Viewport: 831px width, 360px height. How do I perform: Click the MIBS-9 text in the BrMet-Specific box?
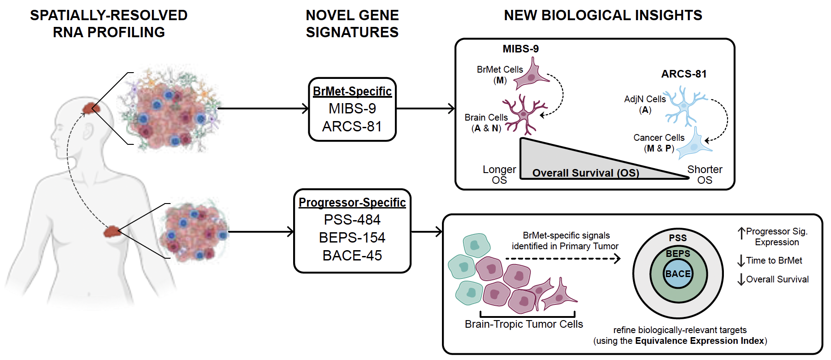352,108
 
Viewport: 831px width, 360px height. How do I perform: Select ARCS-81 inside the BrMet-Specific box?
352,126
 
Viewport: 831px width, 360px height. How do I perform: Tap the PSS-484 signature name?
352,220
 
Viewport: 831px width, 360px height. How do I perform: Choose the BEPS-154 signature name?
352,238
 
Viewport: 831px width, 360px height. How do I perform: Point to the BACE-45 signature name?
352,256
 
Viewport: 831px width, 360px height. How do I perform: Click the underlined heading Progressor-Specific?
352,203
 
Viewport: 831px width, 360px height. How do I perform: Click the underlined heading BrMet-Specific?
352,91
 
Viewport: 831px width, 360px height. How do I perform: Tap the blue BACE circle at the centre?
678,274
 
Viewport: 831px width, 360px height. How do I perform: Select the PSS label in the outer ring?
678,238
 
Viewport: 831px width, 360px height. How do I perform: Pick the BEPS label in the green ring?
678,254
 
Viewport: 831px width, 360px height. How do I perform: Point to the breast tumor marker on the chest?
112,231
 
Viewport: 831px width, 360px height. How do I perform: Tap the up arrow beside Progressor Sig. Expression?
741,233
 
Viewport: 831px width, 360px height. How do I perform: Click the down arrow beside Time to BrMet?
741,260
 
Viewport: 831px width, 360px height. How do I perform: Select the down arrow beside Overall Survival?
741,279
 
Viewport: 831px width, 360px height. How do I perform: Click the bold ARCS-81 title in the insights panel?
684,74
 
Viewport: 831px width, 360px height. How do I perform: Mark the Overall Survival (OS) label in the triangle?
585,173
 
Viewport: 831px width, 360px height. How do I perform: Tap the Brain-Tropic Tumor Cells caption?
524,324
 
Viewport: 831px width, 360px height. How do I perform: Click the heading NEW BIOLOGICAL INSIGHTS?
603,16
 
